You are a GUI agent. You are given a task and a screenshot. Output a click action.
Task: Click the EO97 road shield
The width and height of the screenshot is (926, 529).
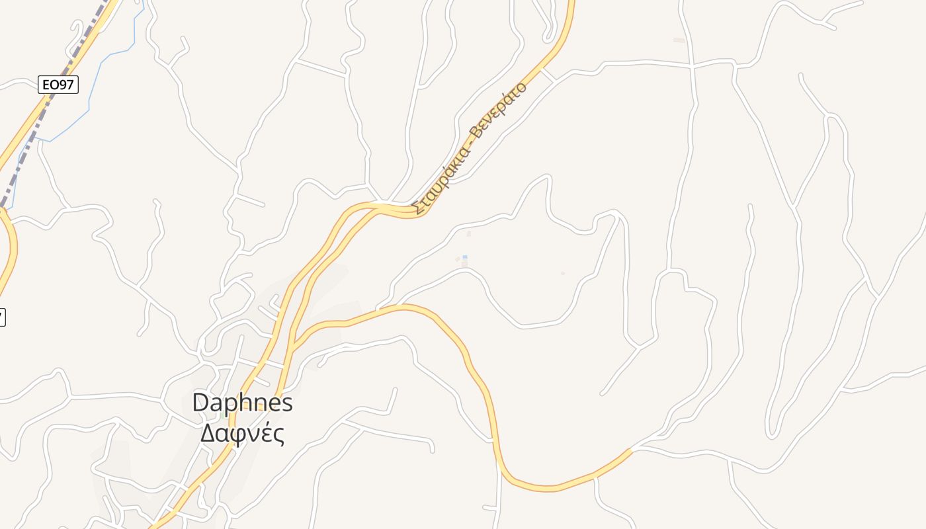(x=58, y=85)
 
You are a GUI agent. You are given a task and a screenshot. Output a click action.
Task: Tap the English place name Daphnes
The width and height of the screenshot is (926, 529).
(x=242, y=403)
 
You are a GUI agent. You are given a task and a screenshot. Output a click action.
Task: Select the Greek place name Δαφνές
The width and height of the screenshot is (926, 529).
(x=242, y=434)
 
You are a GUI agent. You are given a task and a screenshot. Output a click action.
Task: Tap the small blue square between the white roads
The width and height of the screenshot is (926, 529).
(x=465, y=257)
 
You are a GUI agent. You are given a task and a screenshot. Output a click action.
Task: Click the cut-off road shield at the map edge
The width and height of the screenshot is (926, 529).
(x=2, y=317)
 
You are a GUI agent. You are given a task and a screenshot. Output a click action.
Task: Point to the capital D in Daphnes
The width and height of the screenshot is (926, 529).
(x=200, y=403)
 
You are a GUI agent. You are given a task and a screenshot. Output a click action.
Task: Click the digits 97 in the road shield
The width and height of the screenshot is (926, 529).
(x=66, y=85)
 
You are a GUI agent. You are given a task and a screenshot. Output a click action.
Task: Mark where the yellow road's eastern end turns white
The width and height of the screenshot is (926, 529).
(x=632, y=450)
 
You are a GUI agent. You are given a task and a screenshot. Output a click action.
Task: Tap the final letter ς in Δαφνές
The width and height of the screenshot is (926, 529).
(x=279, y=436)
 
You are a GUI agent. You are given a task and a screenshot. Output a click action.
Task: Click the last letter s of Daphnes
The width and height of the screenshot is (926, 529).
(x=287, y=403)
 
